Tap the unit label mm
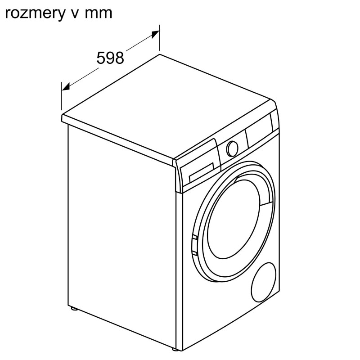pos(99,13)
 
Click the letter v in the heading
pos(75,14)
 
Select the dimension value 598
pos(110,58)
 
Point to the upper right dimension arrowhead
pos(155,35)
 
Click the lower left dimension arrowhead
pos(66,86)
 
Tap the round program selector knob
pos(232,148)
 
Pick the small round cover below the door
pos(264,282)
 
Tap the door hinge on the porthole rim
pos(194,245)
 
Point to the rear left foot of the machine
pos(74,308)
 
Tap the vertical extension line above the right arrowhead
pos(159,37)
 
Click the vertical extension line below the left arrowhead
pos(62,96)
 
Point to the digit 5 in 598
pos(101,58)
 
